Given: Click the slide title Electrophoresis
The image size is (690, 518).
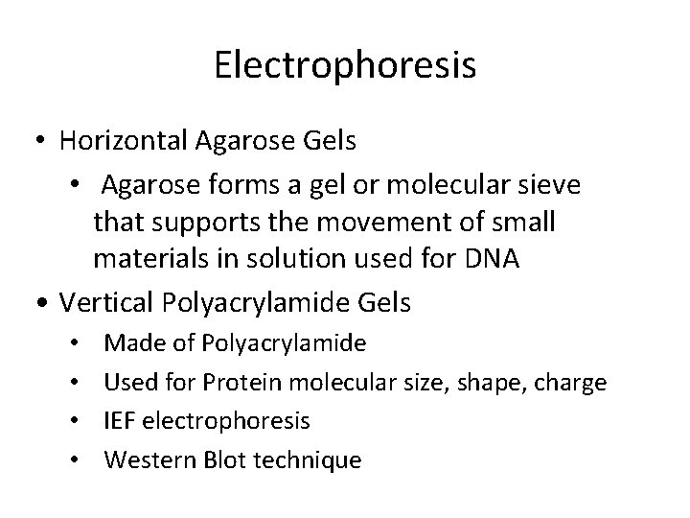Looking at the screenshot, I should click(345, 66).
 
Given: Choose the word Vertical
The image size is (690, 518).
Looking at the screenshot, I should click(100, 303).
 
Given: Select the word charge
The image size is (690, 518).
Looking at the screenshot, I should click(572, 384).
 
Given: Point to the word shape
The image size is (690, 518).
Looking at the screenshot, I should click(488, 384).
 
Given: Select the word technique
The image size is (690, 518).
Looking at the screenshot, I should click(304, 460).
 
